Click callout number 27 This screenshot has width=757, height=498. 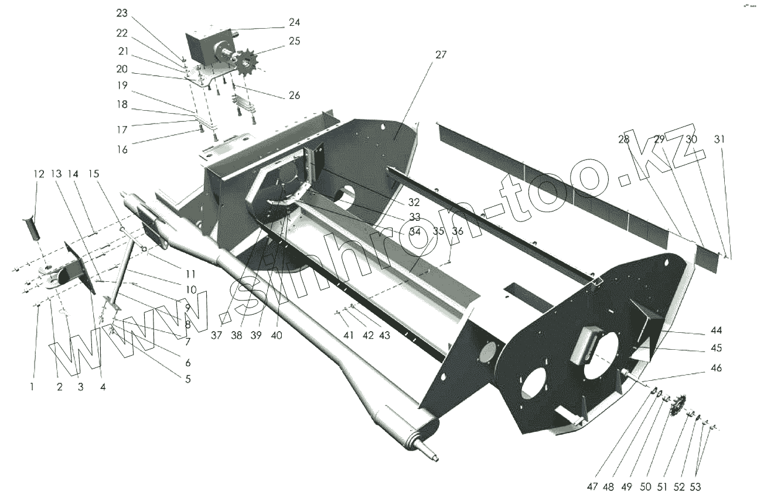click(441, 54)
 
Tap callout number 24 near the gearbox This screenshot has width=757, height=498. click(294, 22)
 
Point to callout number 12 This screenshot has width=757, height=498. click(39, 174)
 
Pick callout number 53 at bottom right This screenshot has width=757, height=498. click(695, 486)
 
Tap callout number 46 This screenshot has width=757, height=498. click(715, 368)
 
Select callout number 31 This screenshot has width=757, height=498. click(720, 139)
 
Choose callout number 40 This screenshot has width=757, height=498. click(276, 336)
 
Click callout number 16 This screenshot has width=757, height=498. click(121, 149)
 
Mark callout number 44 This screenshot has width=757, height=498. click(715, 330)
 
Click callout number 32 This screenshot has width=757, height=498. click(414, 203)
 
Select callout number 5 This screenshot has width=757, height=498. click(187, 378)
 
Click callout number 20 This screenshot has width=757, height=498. click(121, 69)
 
